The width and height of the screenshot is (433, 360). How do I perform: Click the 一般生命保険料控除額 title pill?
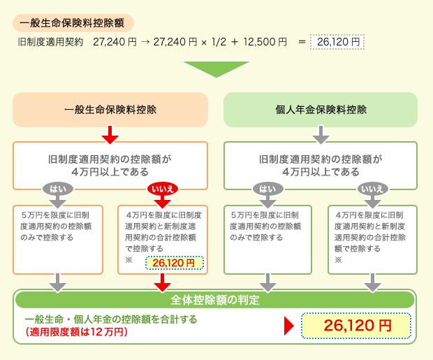[73, 22]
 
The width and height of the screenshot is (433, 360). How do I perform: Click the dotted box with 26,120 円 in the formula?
[337, 43]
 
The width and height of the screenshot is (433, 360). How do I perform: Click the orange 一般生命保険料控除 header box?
[110, 109]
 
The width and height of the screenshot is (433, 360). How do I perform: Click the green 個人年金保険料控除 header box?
[321, 109]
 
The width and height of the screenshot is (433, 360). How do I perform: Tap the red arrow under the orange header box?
[110, 134]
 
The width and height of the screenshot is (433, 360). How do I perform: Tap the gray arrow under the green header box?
[321, 134]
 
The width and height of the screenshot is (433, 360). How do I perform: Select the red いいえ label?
[163, 189]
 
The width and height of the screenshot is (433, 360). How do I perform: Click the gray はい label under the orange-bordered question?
[59, 189]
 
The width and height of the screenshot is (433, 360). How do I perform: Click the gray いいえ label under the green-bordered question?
[373, 189]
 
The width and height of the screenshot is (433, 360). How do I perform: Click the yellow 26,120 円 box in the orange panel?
[174, 263]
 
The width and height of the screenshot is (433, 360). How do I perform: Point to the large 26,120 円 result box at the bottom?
[355, 326]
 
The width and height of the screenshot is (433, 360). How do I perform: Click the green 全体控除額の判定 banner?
[216, 300]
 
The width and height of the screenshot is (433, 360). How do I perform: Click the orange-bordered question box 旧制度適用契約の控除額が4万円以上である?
[110, 165]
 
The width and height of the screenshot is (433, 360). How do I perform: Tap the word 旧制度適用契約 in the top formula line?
[51, 43]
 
